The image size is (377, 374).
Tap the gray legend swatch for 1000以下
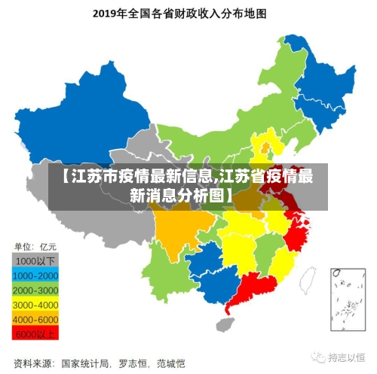tap(36, 260)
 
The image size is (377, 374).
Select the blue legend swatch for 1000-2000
tap(36, 275)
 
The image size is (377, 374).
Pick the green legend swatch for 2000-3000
tap(36, 289)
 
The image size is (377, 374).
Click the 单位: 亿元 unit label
tap(37, 246)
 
